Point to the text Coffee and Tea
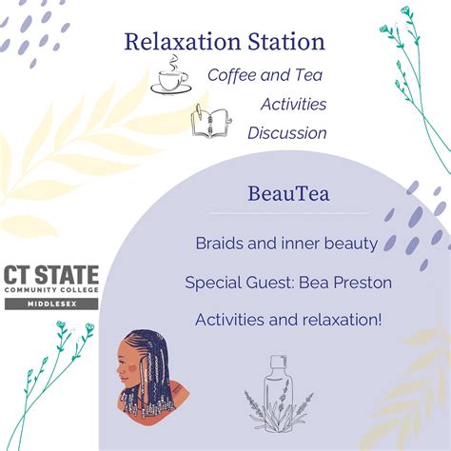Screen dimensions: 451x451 click(x=266, y=74)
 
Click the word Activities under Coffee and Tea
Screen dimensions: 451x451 click(x=293, y=103)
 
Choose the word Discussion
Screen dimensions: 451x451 click(x=286, y=132)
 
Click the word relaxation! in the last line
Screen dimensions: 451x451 click(x=339, y=320)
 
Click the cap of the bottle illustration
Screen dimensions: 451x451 click(x=275, y=362)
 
